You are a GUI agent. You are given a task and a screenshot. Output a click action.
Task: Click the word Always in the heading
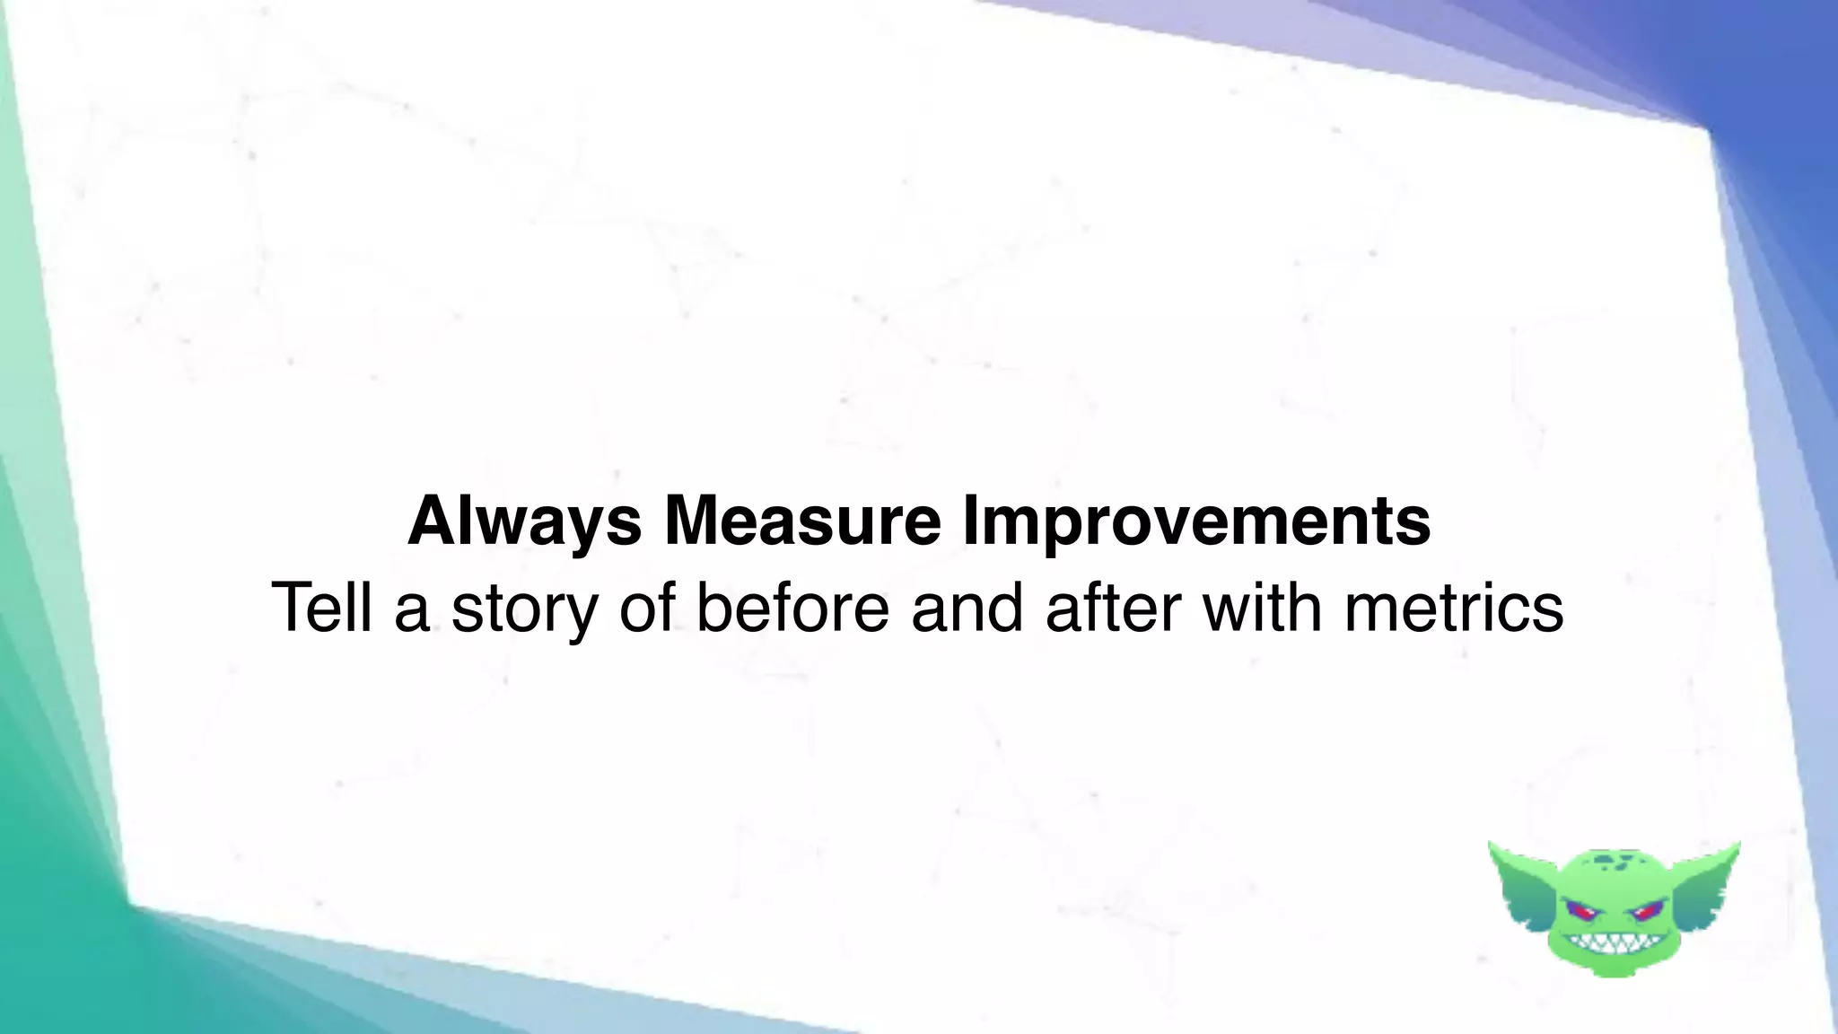(x=524, y=521)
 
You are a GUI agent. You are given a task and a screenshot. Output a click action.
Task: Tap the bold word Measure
(x=801, y=521)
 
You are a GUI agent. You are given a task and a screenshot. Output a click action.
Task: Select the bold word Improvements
(x=1196, y=521)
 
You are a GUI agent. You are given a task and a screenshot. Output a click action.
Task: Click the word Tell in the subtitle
(x=321, y=608)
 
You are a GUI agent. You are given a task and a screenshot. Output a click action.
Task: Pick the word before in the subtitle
(x=792, y=608)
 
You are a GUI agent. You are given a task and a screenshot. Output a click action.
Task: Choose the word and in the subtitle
(x=967, y=608)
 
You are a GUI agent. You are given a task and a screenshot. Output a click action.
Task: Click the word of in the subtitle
(x=647, y=608)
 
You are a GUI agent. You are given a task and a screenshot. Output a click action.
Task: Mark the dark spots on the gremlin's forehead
(x=1613, y=863)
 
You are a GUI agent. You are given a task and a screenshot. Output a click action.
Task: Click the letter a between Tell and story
(x=411, y=609)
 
